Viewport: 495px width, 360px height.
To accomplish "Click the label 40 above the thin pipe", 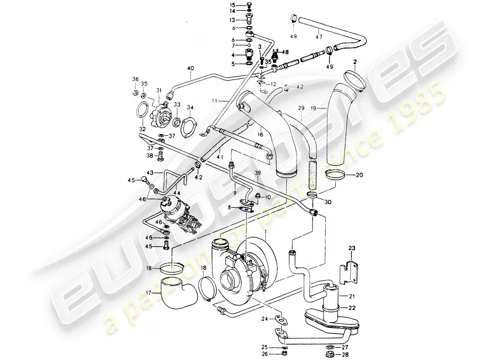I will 190,69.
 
